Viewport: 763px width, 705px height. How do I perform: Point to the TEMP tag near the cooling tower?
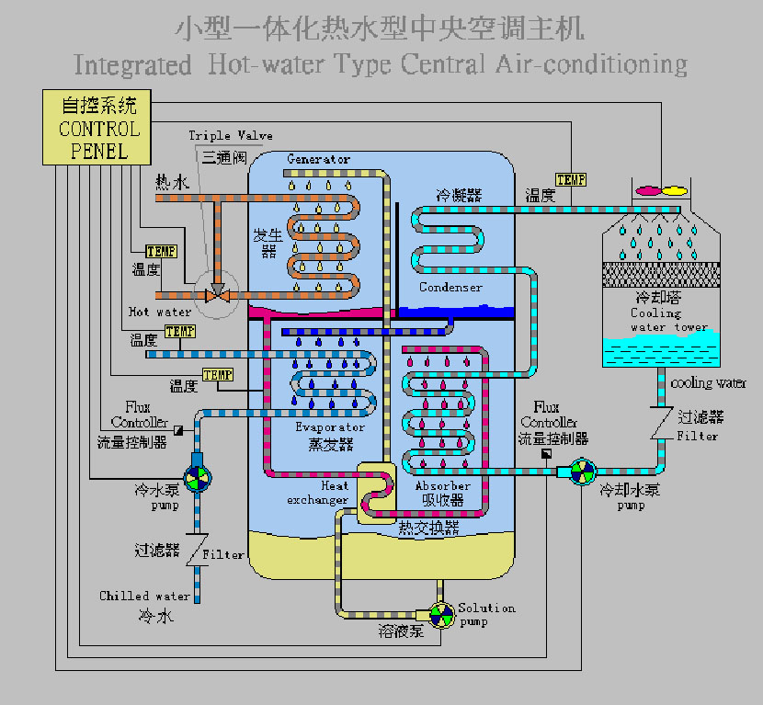coord(571,179)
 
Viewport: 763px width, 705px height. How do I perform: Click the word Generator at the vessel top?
coord(318,159)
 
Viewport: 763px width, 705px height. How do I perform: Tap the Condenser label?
coord(450,288)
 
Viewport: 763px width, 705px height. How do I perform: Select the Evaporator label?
coord(330,427)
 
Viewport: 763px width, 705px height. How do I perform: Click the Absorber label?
coord(442,485)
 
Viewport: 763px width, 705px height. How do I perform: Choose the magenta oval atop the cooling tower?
coord(649,190)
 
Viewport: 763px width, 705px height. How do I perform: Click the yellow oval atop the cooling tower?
coord(675,190)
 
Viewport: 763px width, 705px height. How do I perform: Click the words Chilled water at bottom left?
coord(144,596)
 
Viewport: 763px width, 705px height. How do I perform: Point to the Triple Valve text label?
coord(230,136)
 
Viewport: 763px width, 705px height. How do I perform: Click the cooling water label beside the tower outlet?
coord(709,383)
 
